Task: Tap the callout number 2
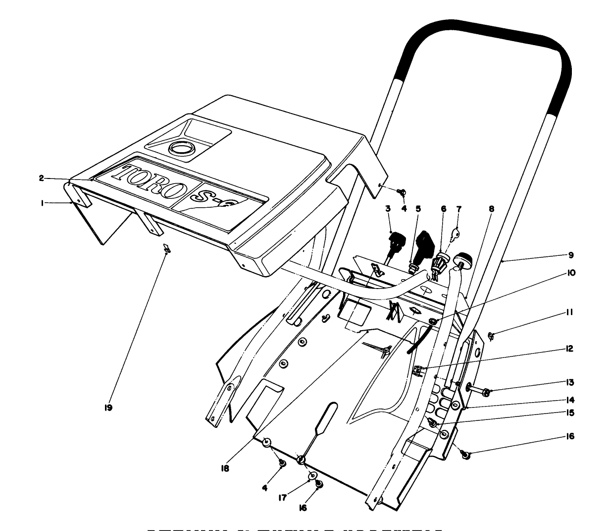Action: pos(42,178)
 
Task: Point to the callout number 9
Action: pos(570,255)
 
